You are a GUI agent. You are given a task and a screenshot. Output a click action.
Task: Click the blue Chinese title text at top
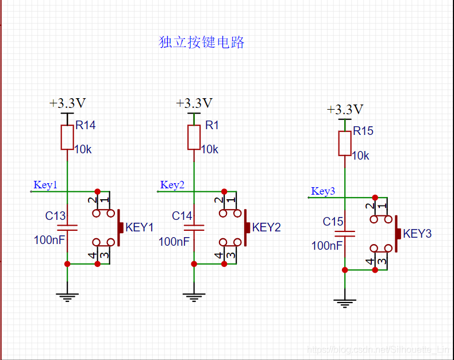pyautogui.click(x=202, y=42)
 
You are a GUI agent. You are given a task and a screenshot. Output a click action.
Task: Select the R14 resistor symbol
pyautogui.click(x=67, y=138)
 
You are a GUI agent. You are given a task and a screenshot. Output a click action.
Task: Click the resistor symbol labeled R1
pyautogui.click(x=194, y=138)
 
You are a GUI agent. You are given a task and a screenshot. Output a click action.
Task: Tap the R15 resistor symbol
pyautogui.click(x=345, y=144)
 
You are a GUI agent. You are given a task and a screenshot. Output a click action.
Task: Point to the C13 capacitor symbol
pyautogui.click(x=67, y=227)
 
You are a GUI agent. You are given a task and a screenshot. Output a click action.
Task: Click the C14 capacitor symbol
pyautogui.click(x=194, y=227)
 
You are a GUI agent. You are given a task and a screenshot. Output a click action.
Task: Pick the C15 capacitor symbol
pyautogui.click(x=345, y=234)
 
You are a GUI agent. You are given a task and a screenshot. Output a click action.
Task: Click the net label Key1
pyautogui.click(x=45, y=185)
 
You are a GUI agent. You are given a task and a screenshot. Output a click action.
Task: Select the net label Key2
pyautogui.click(x=172, y=185)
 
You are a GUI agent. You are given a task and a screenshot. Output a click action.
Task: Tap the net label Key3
pyautogui.click(x=323, y=191)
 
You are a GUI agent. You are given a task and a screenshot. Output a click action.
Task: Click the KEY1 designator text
pyautogui.click(x=139, y=227)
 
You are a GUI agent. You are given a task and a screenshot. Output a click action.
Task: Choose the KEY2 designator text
pyautogui.click(x=266, y=227)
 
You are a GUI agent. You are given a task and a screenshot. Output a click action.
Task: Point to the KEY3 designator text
pyautogui.click(x=417, y=234)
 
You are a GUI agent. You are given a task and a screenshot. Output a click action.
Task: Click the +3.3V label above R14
pyautogui.click(x=67, y=103)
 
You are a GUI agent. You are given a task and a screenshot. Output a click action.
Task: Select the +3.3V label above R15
pyautogui.click(x=345, y=110)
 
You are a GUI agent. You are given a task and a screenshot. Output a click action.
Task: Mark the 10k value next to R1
pyautogui.click(x=210, y=149)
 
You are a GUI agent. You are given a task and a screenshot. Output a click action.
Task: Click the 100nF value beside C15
pyautogui.click(x=327, y=246)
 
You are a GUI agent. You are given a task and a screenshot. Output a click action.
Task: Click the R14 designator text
pyautogui.click(x=86, y=125)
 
